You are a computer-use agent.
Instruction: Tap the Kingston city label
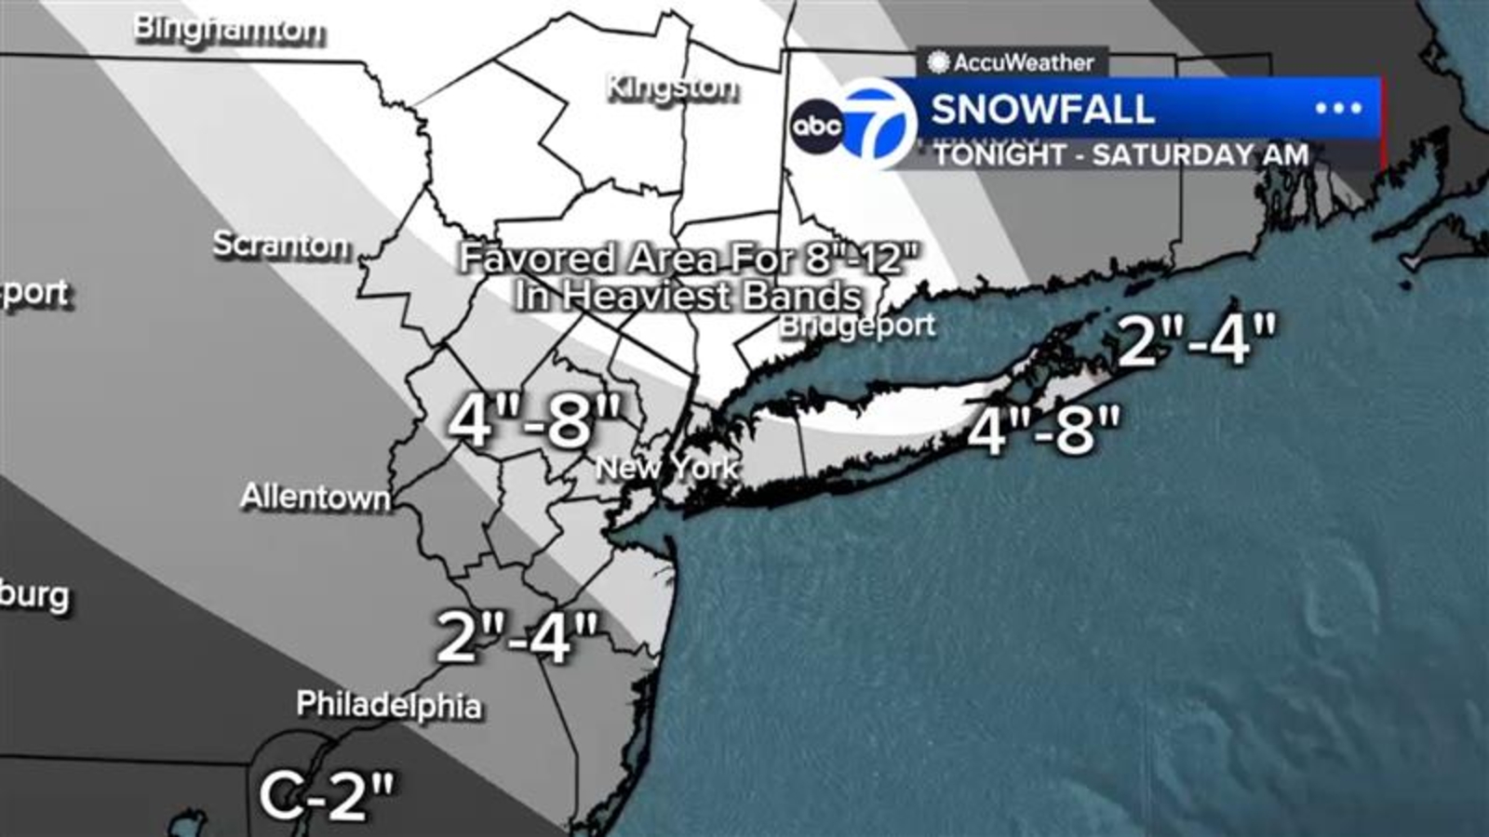(x=672, y=88)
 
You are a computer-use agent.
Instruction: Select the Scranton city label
(x=281, y=245)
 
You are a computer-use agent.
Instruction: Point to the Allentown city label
(x=315, y=497)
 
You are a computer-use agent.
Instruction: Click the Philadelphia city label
(x=389, y=704)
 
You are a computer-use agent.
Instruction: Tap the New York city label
(x=667, y=467)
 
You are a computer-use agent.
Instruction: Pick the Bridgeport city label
(x=857, y=325)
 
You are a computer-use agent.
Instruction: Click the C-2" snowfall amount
(x=326, y=796)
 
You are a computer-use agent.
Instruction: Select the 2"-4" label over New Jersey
(x=516, y=637)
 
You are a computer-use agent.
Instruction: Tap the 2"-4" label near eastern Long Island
(x=1196, y=339)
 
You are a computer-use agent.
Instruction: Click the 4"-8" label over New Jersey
(x=533, y=420)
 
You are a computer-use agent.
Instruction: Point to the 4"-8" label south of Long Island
(x=1043, y=430)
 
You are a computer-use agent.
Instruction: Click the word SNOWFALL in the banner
(x=1042, y=110)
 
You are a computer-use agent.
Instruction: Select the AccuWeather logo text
(x=1023, y=62)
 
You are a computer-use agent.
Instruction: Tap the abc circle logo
(x=816, y=126)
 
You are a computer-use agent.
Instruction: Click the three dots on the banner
(x=1338, y=108)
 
